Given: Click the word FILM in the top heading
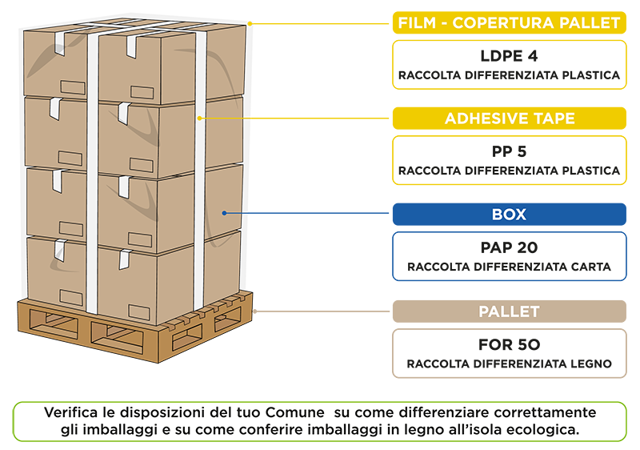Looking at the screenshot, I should [416, 23].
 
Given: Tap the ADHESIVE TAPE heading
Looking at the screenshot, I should [510, 119].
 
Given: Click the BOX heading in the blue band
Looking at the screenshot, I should [509, 215].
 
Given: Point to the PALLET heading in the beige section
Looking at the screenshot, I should [509, 311].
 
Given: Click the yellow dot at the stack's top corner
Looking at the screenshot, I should [250, 23].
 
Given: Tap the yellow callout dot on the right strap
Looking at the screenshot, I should [199, 119].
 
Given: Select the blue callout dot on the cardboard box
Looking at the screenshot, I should [226, 213].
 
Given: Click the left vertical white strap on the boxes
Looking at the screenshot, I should [92, 168].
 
